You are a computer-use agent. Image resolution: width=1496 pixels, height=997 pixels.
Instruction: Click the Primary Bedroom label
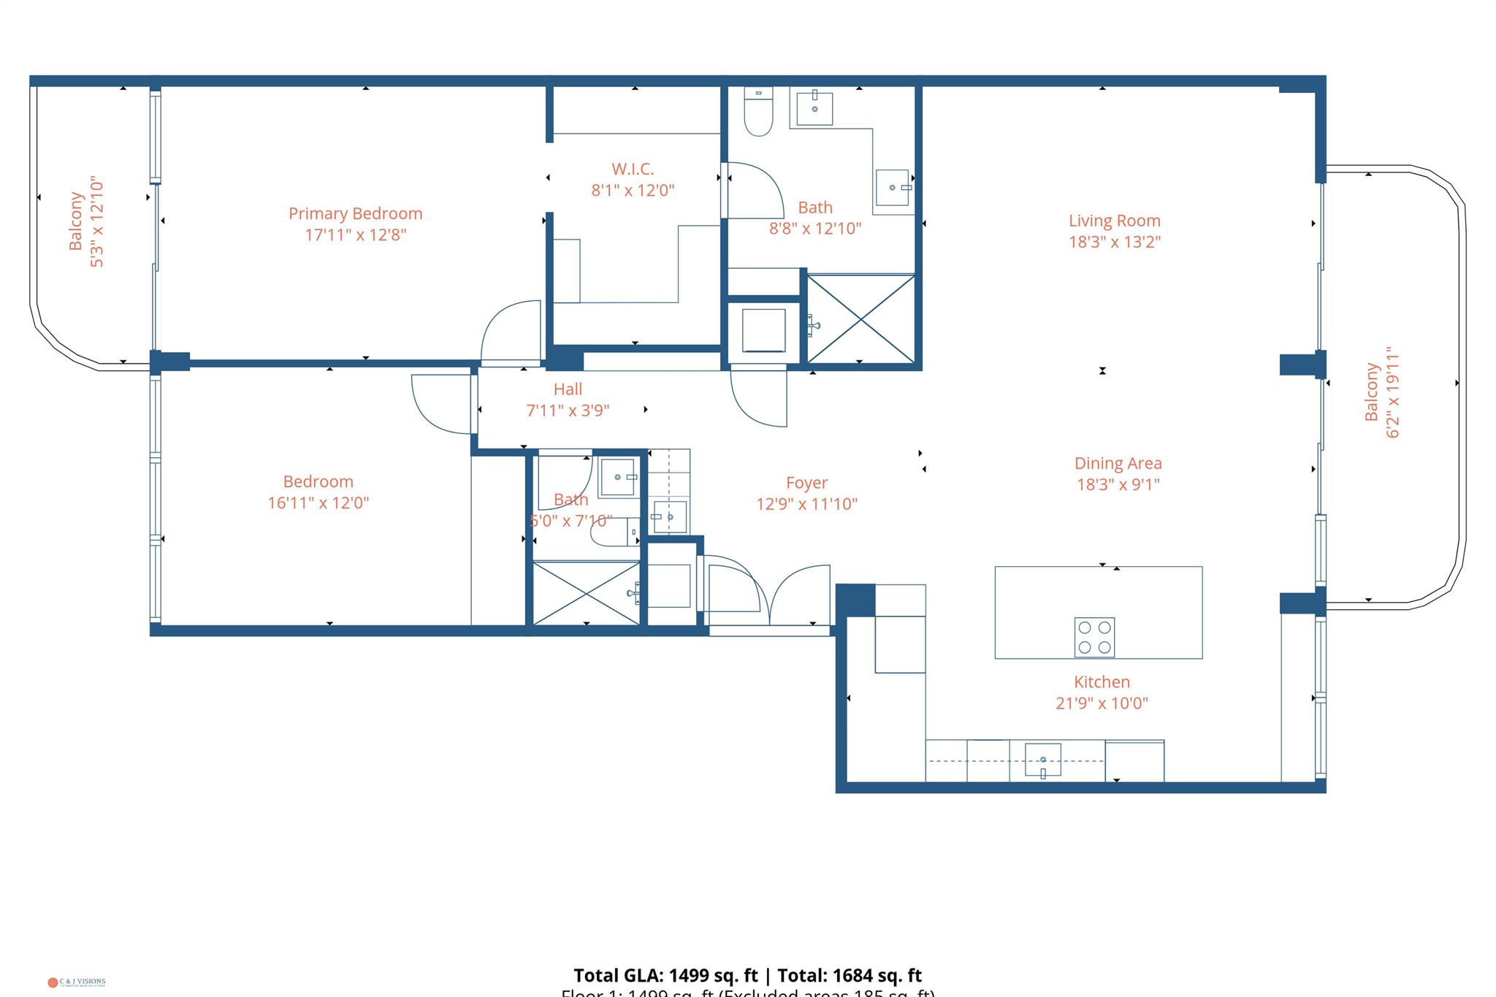[355, 213]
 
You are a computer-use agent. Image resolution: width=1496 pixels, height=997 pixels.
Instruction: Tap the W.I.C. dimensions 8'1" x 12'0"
[633, 190]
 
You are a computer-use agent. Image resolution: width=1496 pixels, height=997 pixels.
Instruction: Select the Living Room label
[1114, 221]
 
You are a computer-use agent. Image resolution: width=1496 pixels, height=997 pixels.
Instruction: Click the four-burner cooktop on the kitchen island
[1094, 637]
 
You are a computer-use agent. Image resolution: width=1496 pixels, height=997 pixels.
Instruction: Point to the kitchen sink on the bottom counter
[1042, 760]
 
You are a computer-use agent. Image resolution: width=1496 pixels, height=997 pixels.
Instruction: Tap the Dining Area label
[1118, 463]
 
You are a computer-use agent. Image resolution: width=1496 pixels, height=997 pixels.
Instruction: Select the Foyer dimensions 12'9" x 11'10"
[806, 504]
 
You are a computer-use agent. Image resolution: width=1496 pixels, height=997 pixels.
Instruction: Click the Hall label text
[568, 389]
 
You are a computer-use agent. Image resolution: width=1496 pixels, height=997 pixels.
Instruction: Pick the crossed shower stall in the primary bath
[860, 318]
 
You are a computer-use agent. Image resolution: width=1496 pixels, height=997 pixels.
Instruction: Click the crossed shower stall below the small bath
[587, 592]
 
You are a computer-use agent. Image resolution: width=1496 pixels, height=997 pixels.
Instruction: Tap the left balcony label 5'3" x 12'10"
[96, 221]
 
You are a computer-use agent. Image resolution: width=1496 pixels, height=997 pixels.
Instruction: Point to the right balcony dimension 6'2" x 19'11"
[1393, 392]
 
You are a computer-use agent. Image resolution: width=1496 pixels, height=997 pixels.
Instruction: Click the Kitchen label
[1102, 682]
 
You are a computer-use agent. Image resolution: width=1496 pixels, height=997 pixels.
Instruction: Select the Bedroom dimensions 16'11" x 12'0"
[318, 503]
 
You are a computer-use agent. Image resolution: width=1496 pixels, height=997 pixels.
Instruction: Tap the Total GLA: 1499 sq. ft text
[665, 976]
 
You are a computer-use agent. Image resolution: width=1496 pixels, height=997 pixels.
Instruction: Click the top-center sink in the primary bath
[814, 108]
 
